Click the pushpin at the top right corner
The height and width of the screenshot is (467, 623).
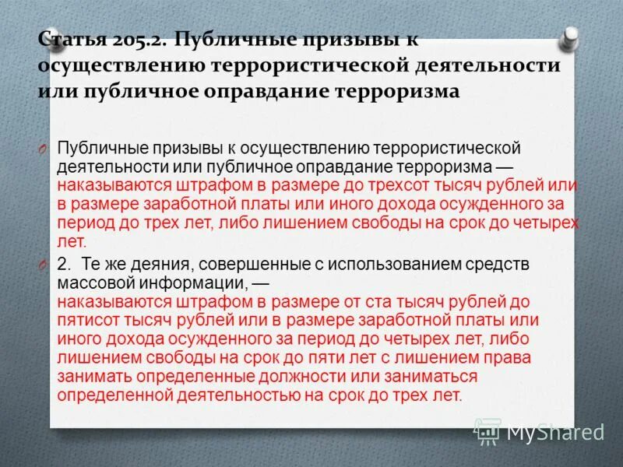point(570,37)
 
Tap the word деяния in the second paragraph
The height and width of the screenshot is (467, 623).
point(148,264)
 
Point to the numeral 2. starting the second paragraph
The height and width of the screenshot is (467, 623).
point(65,264)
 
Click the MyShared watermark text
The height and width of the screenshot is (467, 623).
point(555,430)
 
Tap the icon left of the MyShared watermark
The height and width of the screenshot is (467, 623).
point(487,430)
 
